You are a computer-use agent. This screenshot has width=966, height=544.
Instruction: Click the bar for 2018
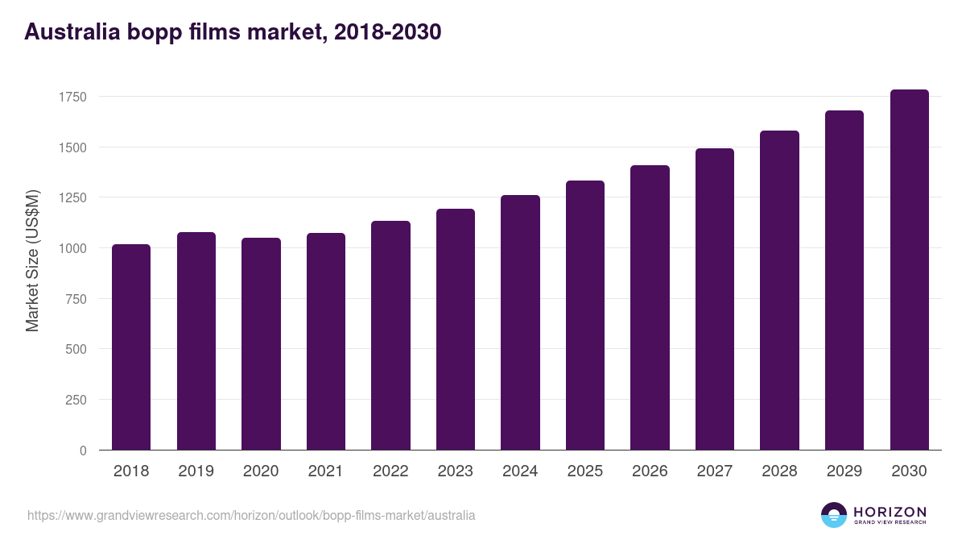coord(131,347)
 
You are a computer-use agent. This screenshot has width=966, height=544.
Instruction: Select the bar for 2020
coord(261,344)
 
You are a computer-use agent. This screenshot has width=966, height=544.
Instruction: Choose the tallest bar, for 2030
coord(909,269)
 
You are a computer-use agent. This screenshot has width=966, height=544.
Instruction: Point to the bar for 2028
coord(779,290)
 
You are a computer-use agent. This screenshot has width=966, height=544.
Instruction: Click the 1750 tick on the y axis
coord(72,97)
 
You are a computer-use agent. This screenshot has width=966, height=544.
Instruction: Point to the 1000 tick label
coord(72,248)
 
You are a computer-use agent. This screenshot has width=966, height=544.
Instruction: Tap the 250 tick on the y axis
coord(76,400)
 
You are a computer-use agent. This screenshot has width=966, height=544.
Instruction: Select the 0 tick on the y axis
coord(83,451)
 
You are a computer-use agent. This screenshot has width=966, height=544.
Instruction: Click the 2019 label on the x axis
coord(196,471)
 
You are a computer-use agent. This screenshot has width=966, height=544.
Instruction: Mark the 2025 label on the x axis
coord(584,471)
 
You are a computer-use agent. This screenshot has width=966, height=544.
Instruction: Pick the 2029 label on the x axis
coord(844,471)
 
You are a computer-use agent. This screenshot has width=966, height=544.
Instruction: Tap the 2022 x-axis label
coord(390,471)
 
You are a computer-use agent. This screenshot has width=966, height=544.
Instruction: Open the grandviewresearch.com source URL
coord(251,515)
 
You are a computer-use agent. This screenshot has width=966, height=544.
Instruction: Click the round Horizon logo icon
coord(834,515)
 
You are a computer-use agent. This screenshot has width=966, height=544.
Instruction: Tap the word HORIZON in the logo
coord(890,511)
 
